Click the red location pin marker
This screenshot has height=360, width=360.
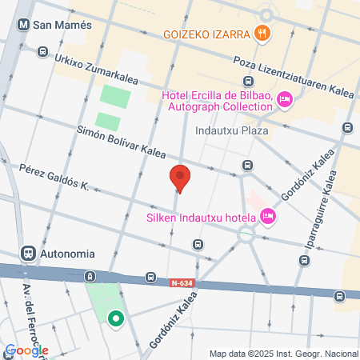tap(181, 178)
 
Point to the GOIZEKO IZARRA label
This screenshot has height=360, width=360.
tap(205, 34)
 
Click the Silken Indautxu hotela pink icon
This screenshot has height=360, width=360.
tap(268, 216)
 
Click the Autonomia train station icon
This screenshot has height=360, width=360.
tap(27, 253)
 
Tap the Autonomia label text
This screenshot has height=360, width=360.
tap(67, 253)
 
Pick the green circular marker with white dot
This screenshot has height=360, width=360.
tap(116, 319)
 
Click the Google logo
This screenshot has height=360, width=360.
tap(26, 350)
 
